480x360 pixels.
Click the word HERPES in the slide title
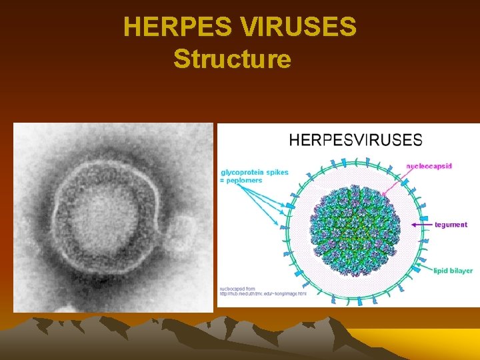tap(177, 28)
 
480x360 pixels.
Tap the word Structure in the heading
tap(232, 59)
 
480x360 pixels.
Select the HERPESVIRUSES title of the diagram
tap(355, 140)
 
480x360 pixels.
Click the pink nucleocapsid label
tap(429, 165)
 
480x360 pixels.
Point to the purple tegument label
tap(451, 225)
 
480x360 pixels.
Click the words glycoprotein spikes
tap(254, 172)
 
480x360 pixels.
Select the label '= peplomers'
tap(241, 181)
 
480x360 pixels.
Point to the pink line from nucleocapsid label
tap(393, 177)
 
